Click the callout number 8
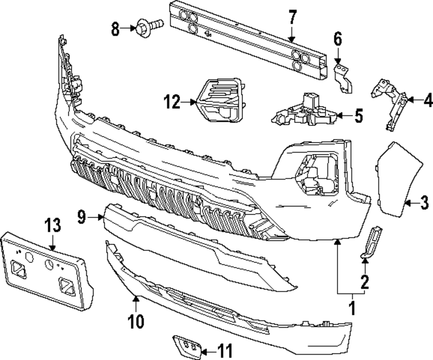115,30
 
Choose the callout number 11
224,350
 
